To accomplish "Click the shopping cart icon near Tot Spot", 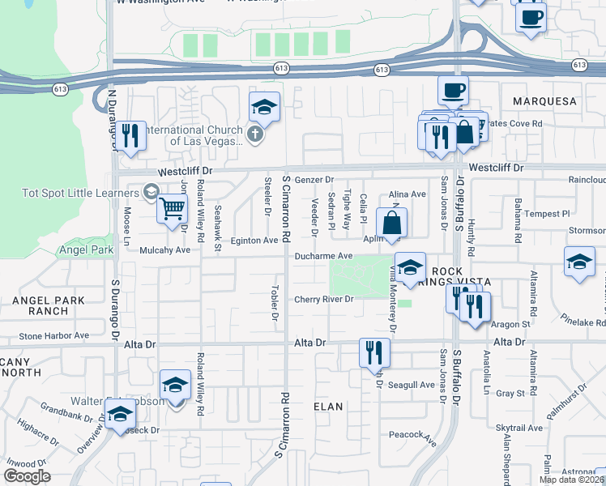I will (x=172, y=208).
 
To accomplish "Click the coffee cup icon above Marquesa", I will (x=453, y=89).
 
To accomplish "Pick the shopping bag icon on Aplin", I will (x=391, y=222).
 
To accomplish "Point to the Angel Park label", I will (x=88, y=250).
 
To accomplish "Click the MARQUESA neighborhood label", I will (x=545, y=101).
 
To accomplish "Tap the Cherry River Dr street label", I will (x=324, y=299).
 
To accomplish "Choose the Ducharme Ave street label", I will (x=323, y=256).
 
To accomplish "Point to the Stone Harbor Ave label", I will (x=54, y=335).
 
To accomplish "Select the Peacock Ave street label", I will (x=412, y=434).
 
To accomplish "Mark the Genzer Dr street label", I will (x=314, y=180).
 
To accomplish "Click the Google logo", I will (x=28, y=475).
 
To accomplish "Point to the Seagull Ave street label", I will (x=411, y=385).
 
